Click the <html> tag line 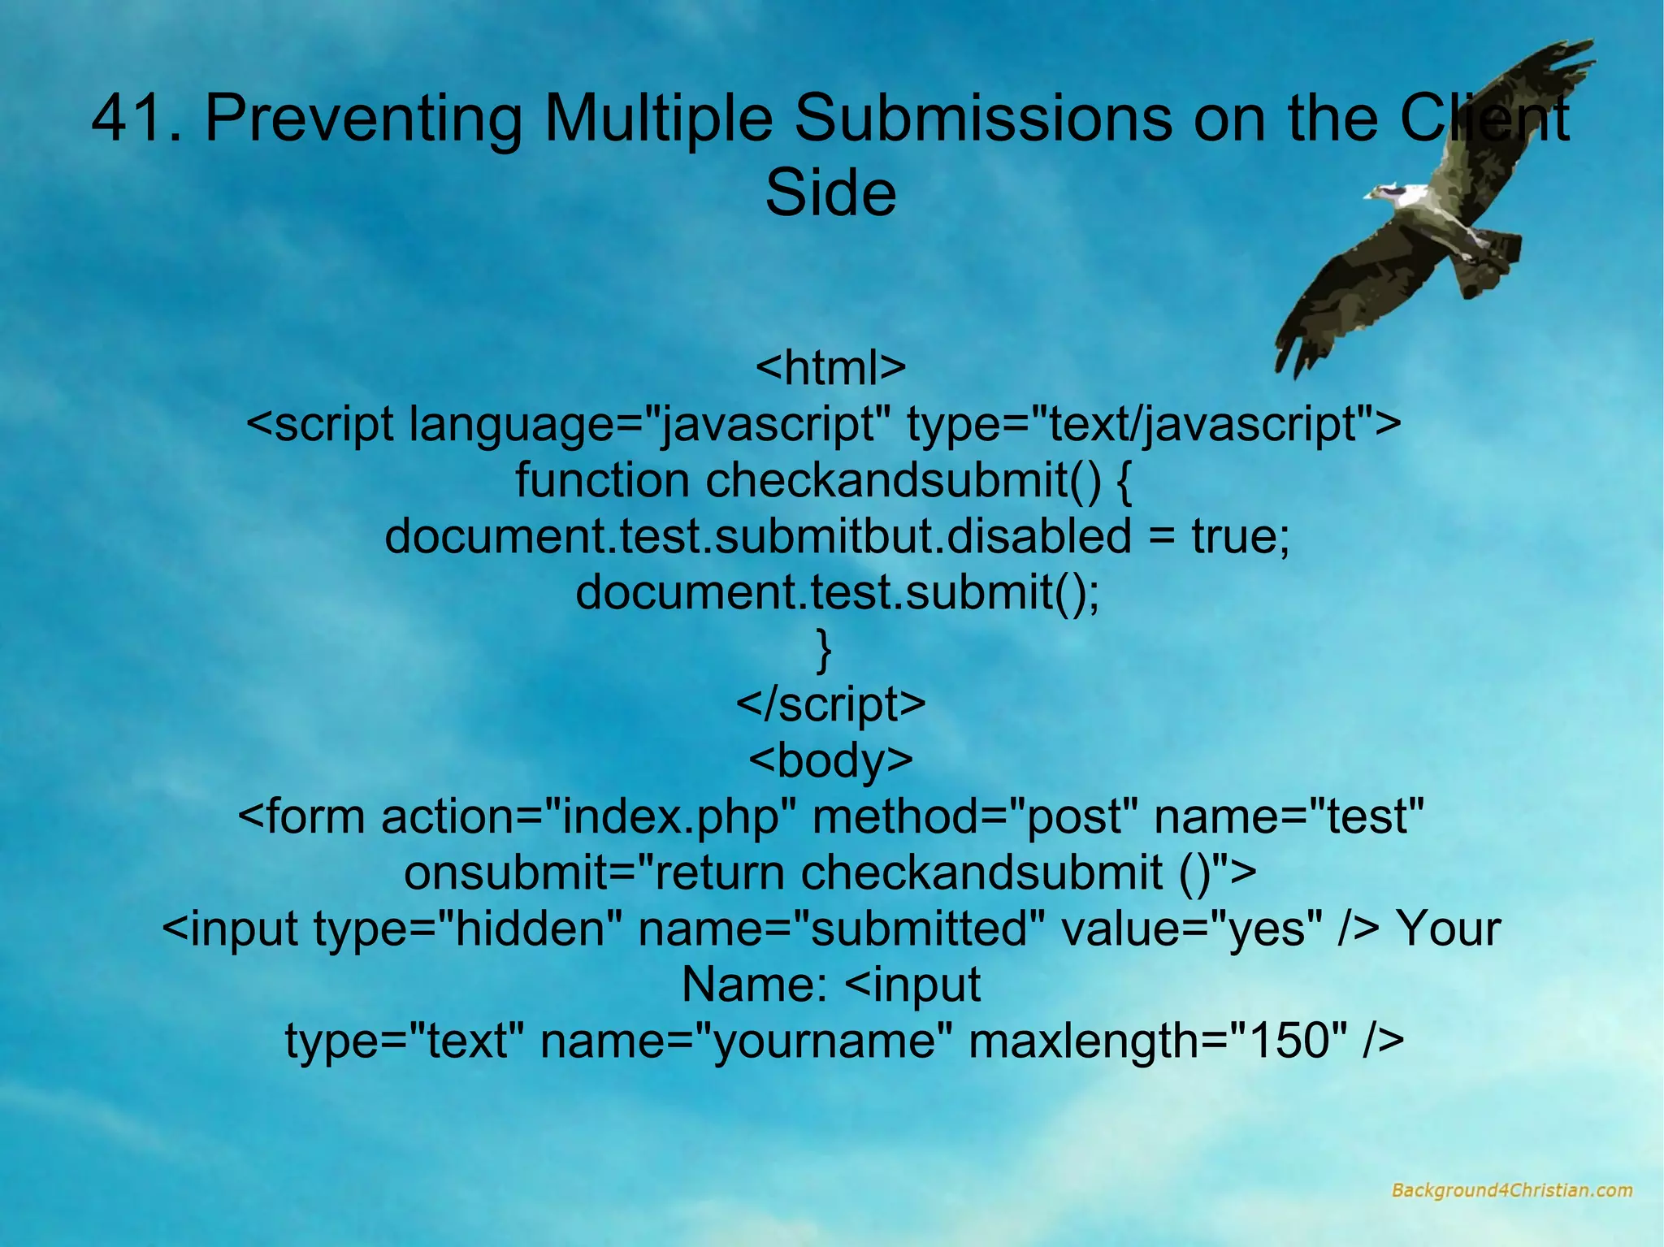click(830, 367)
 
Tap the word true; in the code click(1241, 536)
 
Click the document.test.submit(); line click(837, 592)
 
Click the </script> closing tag click(830, 704)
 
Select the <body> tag click(830, 760)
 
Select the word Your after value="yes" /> click(1448, 929)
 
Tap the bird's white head click(1394, 192)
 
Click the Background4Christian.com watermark click(1511, 1190)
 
